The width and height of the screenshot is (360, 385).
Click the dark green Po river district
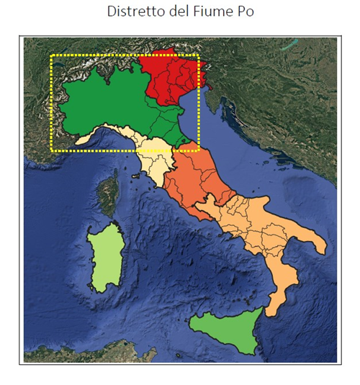108,108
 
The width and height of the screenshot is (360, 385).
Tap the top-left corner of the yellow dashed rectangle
50,55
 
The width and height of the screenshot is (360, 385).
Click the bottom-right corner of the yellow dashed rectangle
199,151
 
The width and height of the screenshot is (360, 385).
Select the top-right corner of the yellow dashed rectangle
199,55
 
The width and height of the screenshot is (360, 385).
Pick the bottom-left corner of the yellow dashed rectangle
50,151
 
